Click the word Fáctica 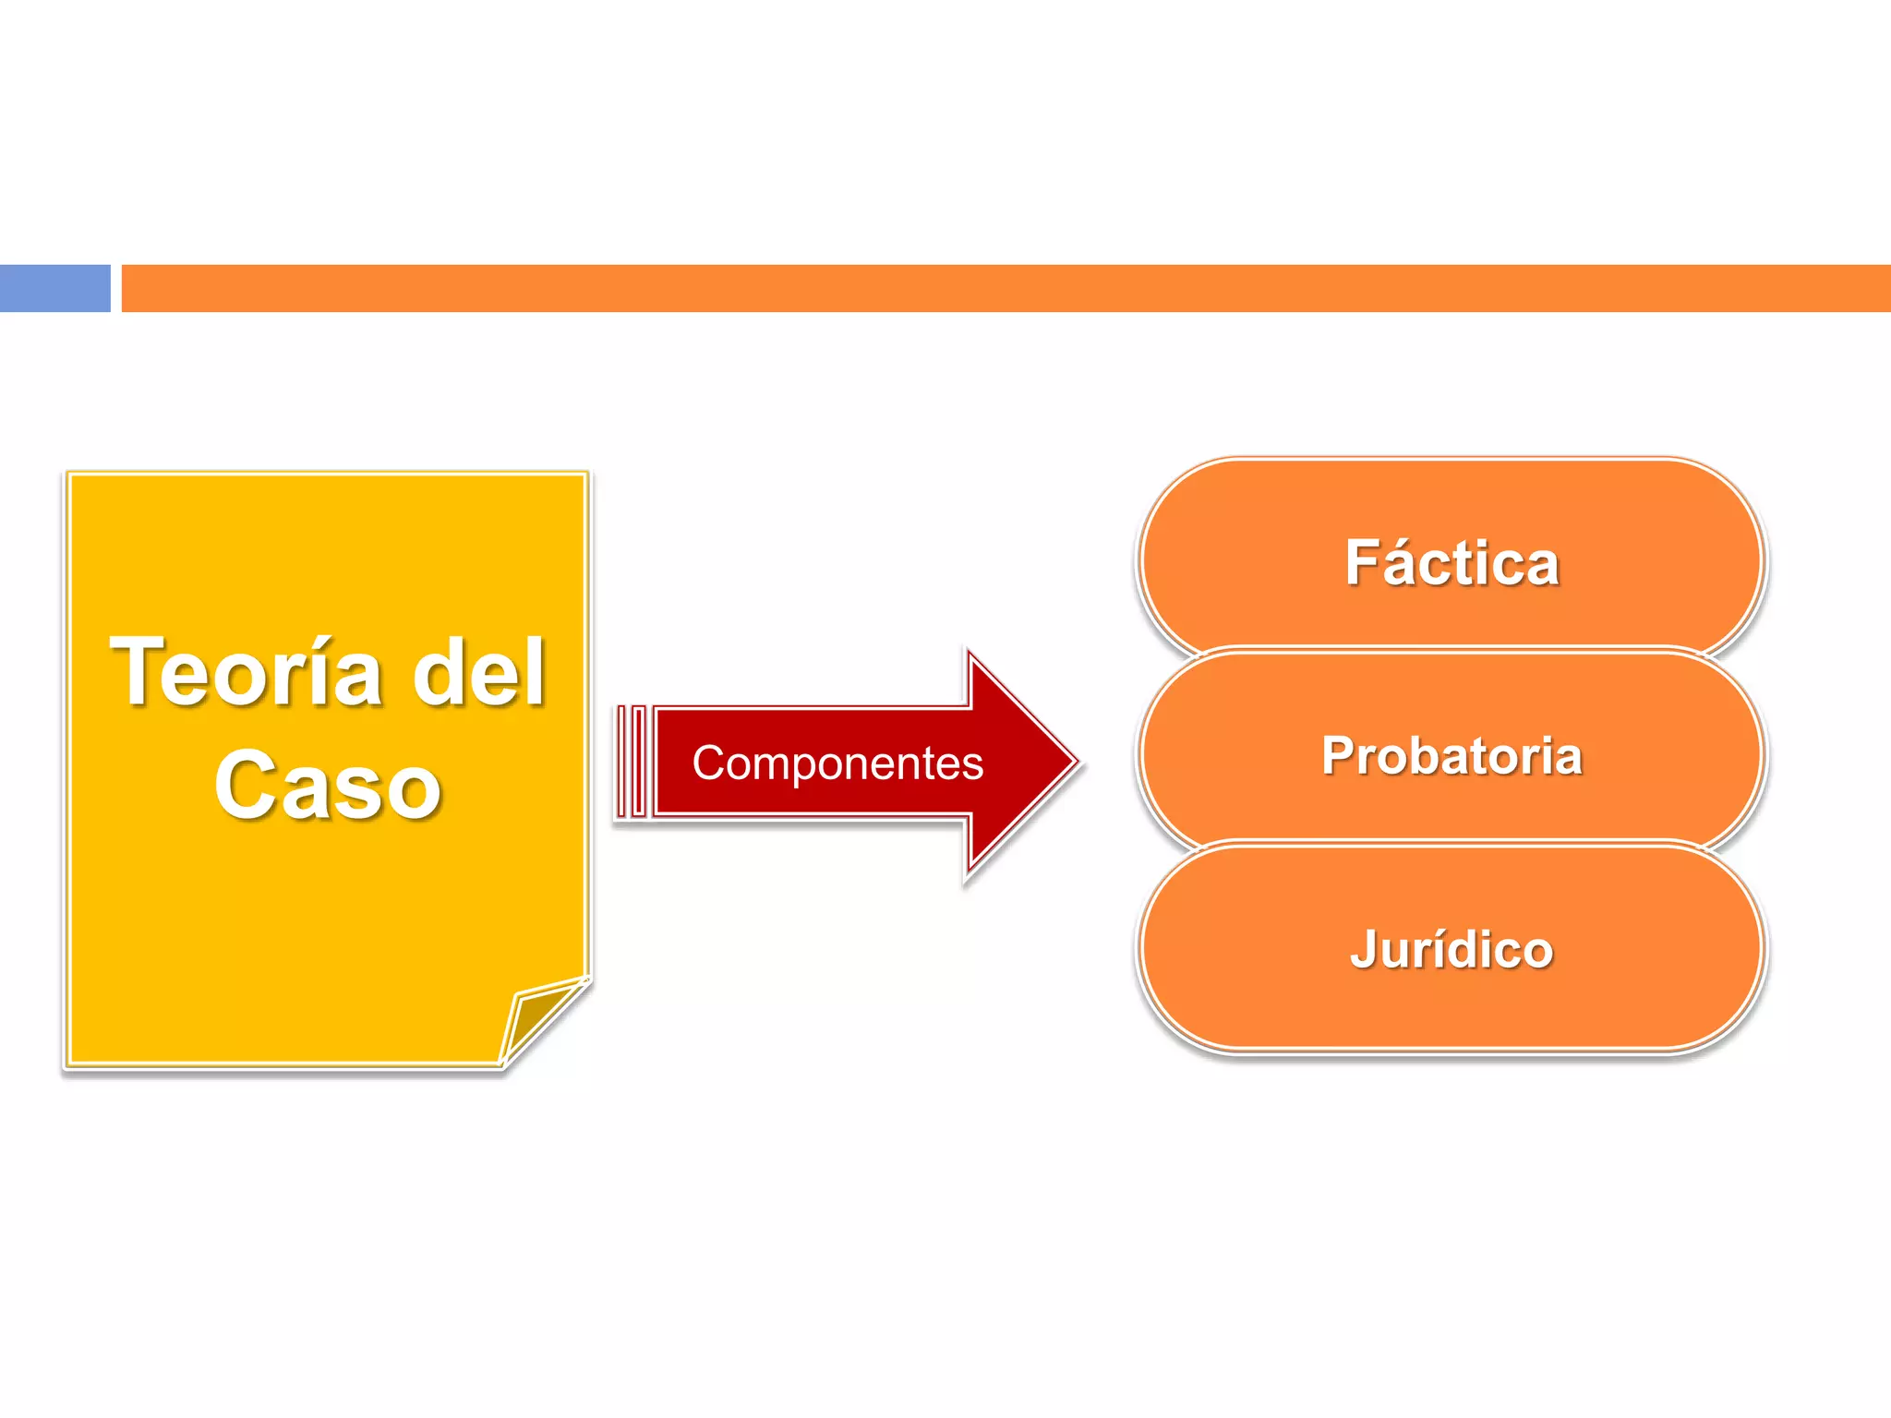1451,563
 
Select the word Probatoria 1451,756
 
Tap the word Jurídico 1451,950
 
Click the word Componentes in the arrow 837,763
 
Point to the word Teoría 246,673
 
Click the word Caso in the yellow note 328,786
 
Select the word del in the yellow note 478,673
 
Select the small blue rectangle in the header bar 54,288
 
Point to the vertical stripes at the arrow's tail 632,762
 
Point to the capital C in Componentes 709,763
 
